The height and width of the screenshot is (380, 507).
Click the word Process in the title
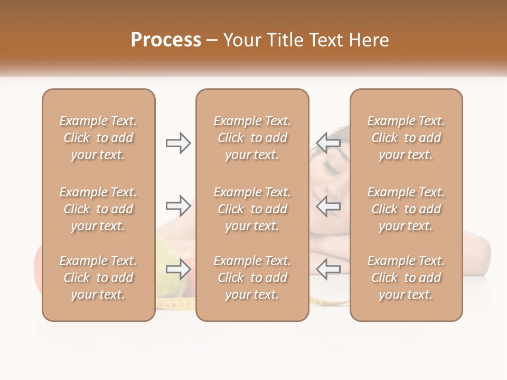tap(166, 40)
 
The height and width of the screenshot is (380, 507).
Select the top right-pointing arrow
tap(179, 143)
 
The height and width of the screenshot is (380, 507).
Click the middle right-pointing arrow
tap(179, 206)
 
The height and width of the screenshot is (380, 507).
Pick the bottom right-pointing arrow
tap(179, 270)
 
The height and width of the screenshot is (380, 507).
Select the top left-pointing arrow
tap(328, 143)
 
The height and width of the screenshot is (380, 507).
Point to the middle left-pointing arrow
tap(328, 206)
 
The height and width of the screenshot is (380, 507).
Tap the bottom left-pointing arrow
tap(328, 270)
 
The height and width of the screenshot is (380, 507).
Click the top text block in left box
tap(98, 138)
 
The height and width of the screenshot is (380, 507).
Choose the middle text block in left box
tap(98, 209)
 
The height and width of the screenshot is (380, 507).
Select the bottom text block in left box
tap(98, 278)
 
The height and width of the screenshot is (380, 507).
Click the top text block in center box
tap(252, 138)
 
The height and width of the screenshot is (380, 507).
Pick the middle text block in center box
tap(252, 209)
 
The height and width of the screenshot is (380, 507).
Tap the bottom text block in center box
tap(252, 278)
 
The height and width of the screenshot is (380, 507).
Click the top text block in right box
tap(406, 138)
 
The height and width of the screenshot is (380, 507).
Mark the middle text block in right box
tap(406, 209)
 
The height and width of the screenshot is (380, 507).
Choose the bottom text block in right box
tap(406, 278)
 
